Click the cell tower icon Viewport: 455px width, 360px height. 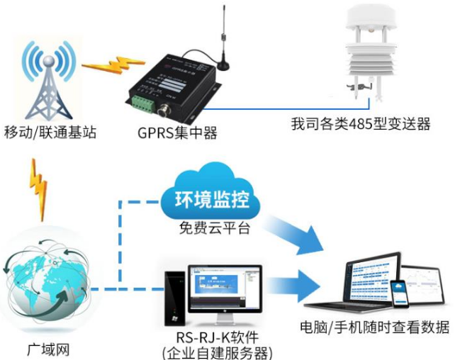[46, 81]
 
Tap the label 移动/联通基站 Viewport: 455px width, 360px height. [50, 133]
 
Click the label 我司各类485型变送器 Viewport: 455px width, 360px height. [361, 124]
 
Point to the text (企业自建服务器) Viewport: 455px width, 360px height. [216, 352]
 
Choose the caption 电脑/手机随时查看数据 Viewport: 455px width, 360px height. [376, 327]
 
